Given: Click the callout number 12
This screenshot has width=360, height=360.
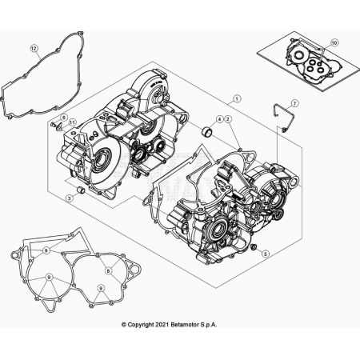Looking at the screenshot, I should click(x=34, y=49).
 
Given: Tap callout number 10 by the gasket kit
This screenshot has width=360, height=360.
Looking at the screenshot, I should click(x=334, y=42).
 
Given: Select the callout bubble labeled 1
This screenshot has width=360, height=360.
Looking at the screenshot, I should click(x=238, y=99).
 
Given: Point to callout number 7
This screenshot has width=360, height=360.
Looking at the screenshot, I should click(x=294, y=103).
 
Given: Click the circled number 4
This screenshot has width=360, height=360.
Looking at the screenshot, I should click(x=221, y=119).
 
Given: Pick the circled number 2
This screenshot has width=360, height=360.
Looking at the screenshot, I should click(x=229, y=119).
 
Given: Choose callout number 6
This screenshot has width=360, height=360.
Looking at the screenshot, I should click(x=63, y=116).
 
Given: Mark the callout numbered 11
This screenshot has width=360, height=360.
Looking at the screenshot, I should click(x=71, y=122).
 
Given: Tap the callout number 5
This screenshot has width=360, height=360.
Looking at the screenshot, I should click(x=266, y=253).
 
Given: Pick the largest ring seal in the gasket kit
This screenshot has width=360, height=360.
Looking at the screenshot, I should click(x=301, y=57).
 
